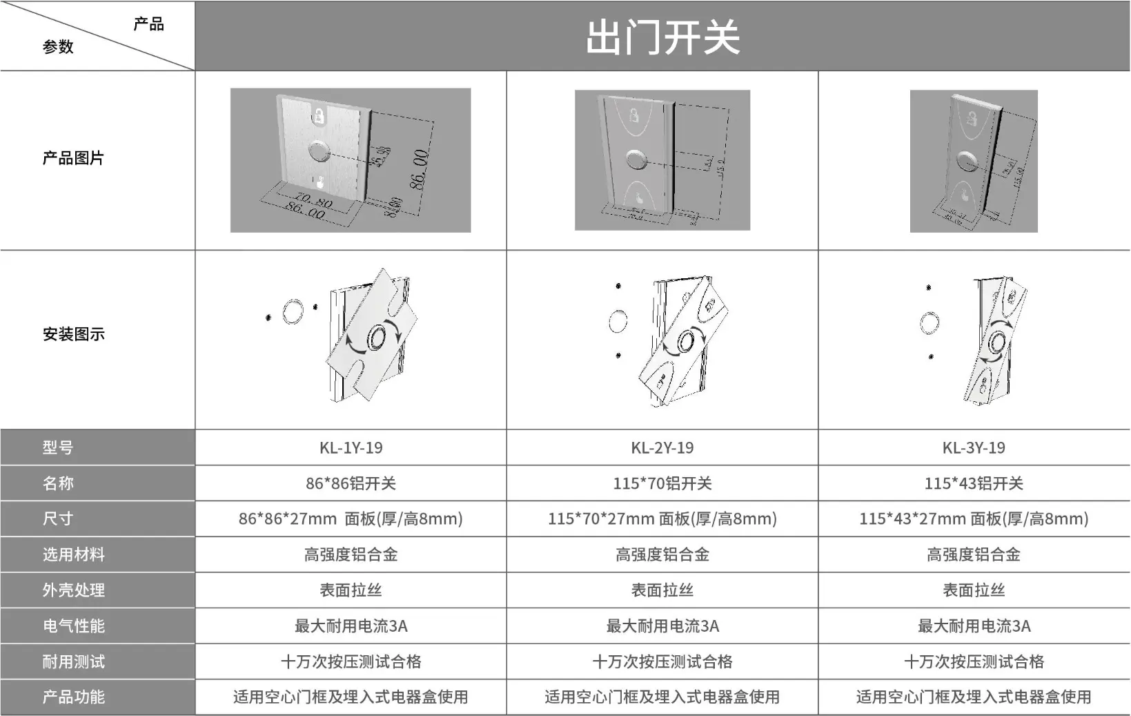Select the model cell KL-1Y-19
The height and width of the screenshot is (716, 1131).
[x=351, y=447]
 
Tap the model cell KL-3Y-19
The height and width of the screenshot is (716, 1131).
[x=974, y=447]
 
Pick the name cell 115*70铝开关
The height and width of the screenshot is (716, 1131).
[x=662, y=483]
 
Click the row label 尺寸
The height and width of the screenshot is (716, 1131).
[x=58, y=519]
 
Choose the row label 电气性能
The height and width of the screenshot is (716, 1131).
[x=74, y=626]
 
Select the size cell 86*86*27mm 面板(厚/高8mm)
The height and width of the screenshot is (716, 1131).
[x=351, y=519]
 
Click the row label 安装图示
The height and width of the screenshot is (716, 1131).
[x=74, y=334]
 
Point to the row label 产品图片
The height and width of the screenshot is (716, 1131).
[x=73, y=158]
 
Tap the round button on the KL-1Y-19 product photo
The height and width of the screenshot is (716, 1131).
[x=318, y=151]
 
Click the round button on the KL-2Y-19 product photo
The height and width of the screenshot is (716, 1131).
[x=637, y=159]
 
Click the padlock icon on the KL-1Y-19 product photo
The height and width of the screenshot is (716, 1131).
[x=319, y=115]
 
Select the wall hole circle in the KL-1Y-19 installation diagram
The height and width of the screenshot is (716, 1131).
[x=293, y=311]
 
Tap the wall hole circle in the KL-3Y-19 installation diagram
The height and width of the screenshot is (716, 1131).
[x=930, y=322]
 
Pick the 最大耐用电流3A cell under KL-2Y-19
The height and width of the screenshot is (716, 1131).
[x=662, y=626]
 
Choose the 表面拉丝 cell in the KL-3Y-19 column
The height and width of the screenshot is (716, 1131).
[x=974, y=590]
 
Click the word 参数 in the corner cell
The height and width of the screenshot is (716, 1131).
[x=58, y=47]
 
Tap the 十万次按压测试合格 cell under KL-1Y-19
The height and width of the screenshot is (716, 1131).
[x=351, y=661]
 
